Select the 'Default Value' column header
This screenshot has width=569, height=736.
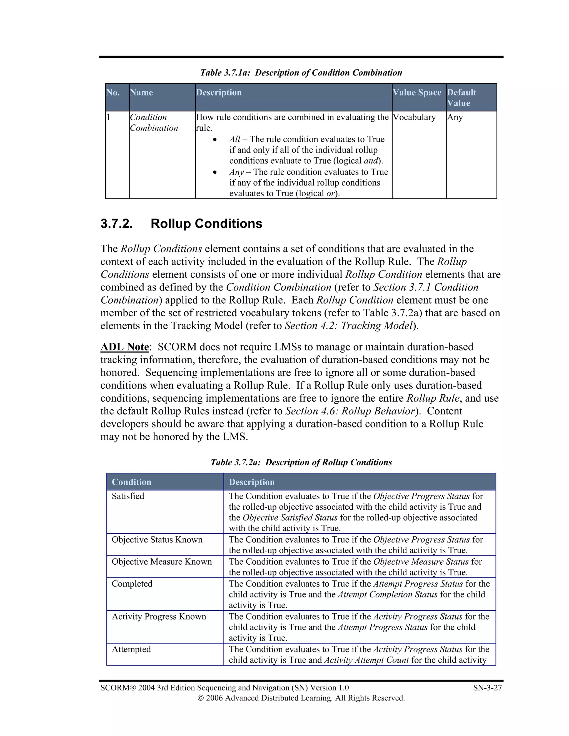click(x=461, y=97)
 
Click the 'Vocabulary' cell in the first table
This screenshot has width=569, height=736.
click(x=414, y=117)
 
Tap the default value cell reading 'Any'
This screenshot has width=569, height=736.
click(x=455, y=117)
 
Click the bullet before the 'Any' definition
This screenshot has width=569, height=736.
click(x=215, y=172)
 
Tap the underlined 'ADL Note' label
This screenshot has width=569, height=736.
click(x=125, y=347)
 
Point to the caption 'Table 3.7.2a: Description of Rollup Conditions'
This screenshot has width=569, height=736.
click(x=301, y=462)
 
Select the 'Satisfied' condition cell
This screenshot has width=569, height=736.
click(x=128, y=496)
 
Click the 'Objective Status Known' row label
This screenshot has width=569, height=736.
click(x=157, y=540)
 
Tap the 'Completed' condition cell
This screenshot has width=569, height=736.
click(x=132, y=584)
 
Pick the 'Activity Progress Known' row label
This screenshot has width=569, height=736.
click(x=159, y=616)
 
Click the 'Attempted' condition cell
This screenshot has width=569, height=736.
click(x=131, y=649)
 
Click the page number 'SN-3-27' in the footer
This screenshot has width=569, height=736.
click(x=487, y=688)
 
